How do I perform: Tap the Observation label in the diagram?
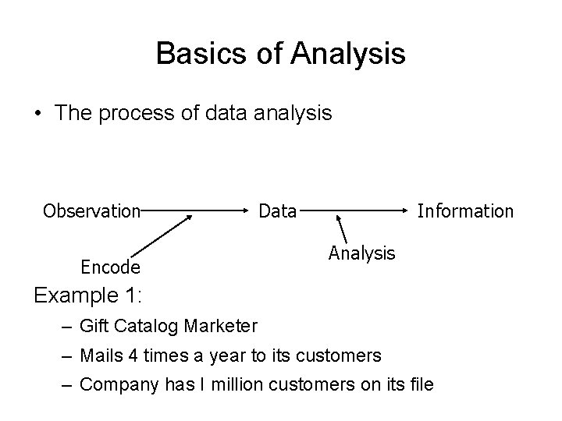tap(91, 210)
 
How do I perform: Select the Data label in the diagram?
tap(278, 210)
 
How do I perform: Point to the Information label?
tap(465, 210)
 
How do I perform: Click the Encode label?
tap(111, 267)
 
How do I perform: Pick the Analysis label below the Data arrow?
tap(362, 253)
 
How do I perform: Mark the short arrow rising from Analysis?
tap(342, 228)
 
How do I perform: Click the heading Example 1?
tap(87, 296)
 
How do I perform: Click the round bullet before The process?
tap(38, 114)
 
